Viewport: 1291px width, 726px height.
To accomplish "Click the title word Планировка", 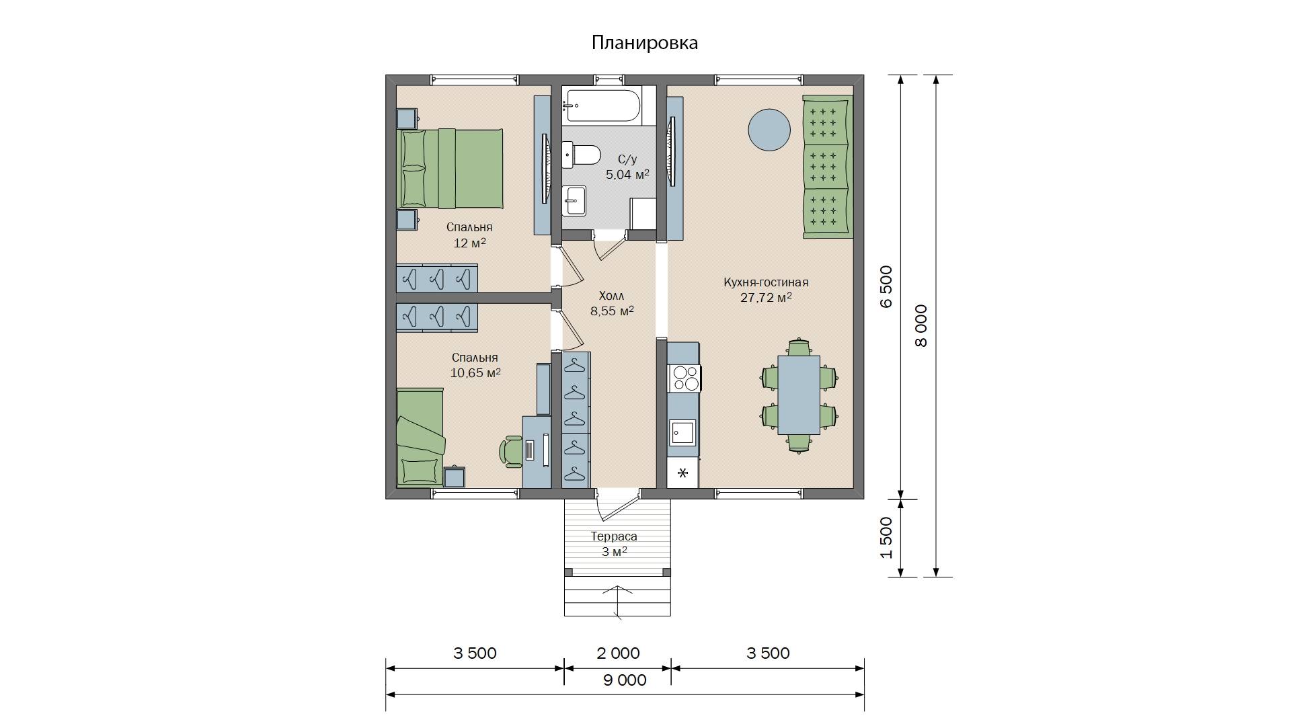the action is [645, 43].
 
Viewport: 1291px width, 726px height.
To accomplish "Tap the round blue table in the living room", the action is [769, 130].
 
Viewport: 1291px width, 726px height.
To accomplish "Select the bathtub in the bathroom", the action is [602, 106].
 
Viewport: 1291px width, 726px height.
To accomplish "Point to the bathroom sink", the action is [574, 200].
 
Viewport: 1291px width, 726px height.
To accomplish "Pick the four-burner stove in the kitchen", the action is [684, 378].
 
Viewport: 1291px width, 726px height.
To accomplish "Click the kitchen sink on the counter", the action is [682, 433].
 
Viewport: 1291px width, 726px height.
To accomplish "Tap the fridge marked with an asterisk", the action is [682, 473].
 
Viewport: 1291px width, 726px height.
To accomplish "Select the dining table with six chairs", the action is [799, 395].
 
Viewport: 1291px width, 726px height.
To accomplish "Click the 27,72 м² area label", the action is [766, 298].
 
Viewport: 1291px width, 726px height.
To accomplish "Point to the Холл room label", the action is [611, 296].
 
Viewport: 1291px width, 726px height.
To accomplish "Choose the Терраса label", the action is [614, 536].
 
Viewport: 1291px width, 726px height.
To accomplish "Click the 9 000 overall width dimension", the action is [625, 680].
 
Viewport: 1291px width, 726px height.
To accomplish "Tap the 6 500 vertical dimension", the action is [887, 287].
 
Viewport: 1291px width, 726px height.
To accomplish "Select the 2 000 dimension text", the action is [618, 653].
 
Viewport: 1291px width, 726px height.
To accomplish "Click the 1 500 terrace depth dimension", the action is [887, 538].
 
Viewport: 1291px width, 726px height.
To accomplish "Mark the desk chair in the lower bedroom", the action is [512, 451].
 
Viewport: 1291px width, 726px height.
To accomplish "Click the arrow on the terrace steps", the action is [617, 601].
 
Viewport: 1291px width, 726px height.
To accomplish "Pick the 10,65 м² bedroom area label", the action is [475, 373].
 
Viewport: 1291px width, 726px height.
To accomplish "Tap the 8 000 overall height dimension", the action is [921, 326].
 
